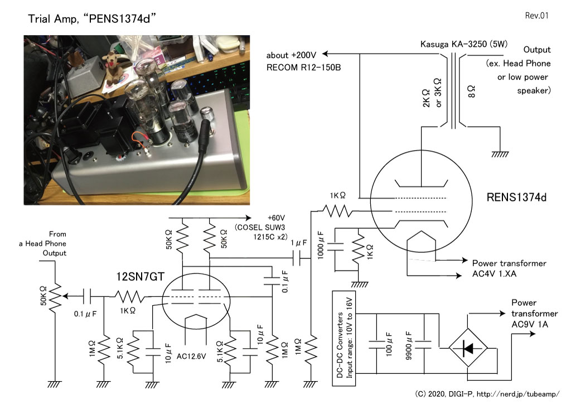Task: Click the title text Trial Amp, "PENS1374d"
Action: point(92,18)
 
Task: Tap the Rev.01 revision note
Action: point(536,15)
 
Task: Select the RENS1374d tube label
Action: point(516,198)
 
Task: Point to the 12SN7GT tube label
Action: point(140,277)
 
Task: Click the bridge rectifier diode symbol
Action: point(468,348)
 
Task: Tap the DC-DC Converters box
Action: point(344,338)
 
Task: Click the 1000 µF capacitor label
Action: point(321,245)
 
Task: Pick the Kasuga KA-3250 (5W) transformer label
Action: point(463,44)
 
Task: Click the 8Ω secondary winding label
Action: point(471,91)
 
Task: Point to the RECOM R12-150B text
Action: point(303,68)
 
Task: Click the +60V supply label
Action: point(276,218)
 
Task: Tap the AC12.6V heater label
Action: point(191,356)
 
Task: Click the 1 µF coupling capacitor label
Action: point(299,243)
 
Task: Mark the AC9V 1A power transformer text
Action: point(530,324)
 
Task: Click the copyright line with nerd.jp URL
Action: point(487,394)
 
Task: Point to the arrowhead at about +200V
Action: point(326,54)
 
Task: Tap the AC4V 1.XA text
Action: point(494,273)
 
